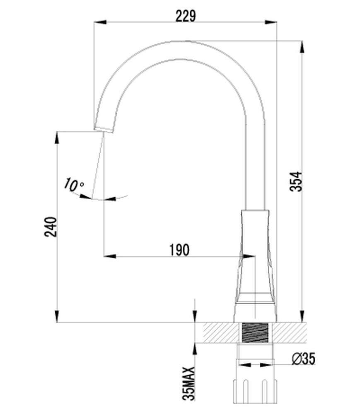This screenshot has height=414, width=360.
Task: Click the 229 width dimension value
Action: click(185, 16)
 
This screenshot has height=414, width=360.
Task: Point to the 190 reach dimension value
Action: click(179, 250)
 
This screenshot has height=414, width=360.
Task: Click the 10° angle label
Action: click(74, 185)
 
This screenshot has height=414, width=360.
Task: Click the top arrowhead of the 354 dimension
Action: click(302, 46)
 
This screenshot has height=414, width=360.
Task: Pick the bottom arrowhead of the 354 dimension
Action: click(302, 317)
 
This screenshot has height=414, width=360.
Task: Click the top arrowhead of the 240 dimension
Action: click(57, 137)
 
